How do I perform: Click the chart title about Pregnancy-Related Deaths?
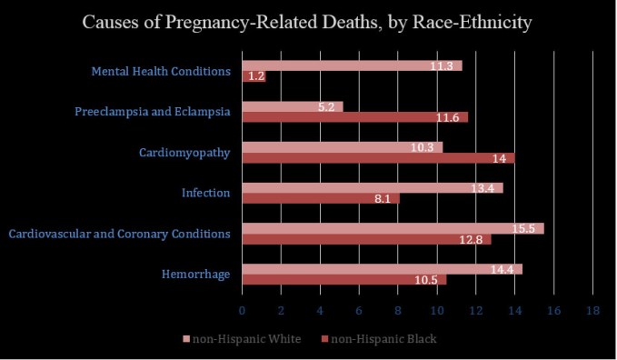(x=308, y=22)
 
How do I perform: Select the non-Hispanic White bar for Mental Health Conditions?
(x=352, y=65)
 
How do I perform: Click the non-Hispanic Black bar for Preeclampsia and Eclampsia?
(x=354, y=118)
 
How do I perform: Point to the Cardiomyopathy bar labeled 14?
(x=378, y=158)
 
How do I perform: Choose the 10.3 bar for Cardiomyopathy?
(x=342, y=146)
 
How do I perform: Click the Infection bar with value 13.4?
(x=372, y=187)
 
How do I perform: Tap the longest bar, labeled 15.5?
(x=393, y=227)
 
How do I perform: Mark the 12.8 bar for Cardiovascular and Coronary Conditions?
(x=366, y=240)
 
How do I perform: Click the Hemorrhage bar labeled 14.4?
(x=382, y=268)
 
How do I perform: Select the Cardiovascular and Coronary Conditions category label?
(x=119, y=234)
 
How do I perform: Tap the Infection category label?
(x=205, y=193)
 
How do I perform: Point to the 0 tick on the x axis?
(x=242, y=311)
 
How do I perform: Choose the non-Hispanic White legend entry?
(x=242, y=339)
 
